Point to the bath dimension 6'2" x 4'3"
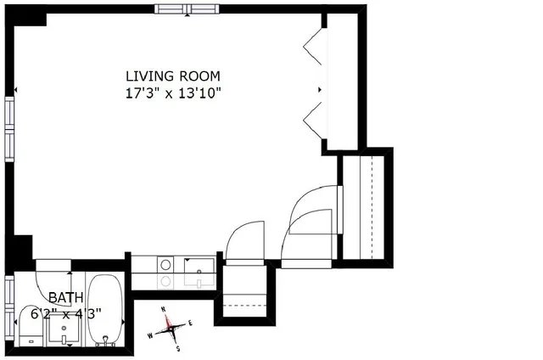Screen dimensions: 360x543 67,312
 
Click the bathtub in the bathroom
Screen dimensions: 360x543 106,310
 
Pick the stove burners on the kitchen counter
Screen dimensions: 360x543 165,272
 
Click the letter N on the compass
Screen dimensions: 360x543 166,309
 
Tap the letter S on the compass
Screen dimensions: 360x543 178,348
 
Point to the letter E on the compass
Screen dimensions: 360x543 191,323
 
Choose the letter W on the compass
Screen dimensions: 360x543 151,335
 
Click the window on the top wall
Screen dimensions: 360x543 187,8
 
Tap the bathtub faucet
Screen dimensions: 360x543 107,341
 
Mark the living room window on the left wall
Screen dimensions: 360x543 8,127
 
